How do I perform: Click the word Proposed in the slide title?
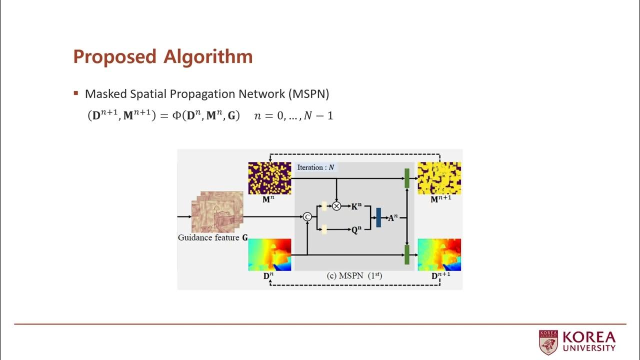pyautogui.click(x=115, y=57)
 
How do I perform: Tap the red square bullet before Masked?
pyautogui.click(x=76, y=93)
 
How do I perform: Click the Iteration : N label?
pyautogui.click(x=315, y=167)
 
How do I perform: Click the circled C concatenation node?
pyautogui.click(x=307, y=216)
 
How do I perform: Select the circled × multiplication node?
pyautogui.click(x=336, y=205)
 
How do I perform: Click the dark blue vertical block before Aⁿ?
pyautogui.click(x=378, y=217)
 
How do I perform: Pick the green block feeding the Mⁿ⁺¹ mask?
pyautogui.click(x=407, y=178)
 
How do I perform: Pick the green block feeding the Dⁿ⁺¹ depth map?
pyautogui.click(x=407, y=254)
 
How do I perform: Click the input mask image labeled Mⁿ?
pyautogui.click(x=269, y=178)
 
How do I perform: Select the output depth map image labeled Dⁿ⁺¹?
pyautogui.click(x=439, y=254)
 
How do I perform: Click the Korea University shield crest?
pyautogui.click(x=548, y=342)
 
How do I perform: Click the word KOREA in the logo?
pyautogui.click(x=588, y=337)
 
